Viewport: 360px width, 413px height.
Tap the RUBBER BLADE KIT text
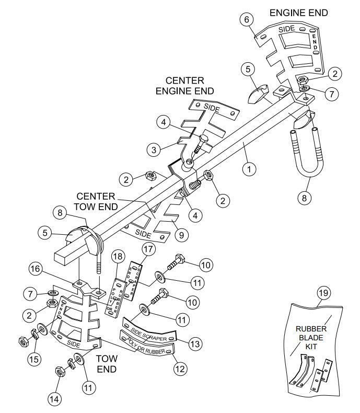[x=312, y=338]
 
